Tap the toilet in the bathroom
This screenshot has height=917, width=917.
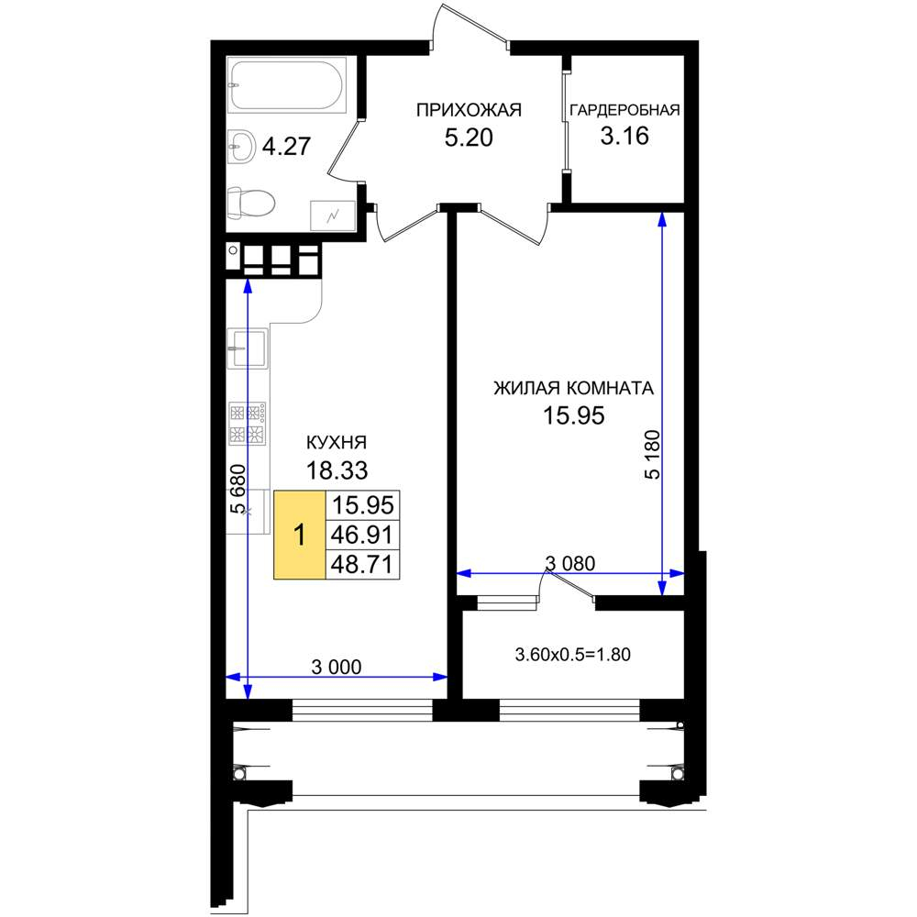click(x=251, y=204)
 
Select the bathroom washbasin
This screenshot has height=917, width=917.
click(x=240, y=146)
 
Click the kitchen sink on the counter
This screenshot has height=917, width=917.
click(x=248, y=348)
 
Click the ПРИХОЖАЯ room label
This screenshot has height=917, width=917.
click(x=469, y=110)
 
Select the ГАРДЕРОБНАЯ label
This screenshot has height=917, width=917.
click(x=624, y=110)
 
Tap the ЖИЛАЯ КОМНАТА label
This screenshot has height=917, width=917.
click(x=574, y=388)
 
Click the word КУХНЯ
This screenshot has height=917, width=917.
click(x=337, y=443)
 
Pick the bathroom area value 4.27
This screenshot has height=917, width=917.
click(x=286, y=146)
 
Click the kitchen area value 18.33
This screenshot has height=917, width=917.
click(x=337, y=470)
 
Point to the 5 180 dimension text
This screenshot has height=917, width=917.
click(x=652, y=455)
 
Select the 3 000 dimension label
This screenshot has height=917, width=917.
click(x=337, y=667)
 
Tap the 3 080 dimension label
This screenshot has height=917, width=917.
click(x=570, y=563)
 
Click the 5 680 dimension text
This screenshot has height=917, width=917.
click(x=238, y=489)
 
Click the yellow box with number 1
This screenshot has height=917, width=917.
click(x=300, y=536)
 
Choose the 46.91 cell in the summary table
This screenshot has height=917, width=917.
click(x=362, y=535)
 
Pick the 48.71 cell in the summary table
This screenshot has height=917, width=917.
click(x=362, y=565)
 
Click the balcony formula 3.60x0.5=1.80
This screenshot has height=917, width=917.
click(x=572, y=655)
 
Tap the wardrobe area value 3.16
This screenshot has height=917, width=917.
click(x=624, y=137)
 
